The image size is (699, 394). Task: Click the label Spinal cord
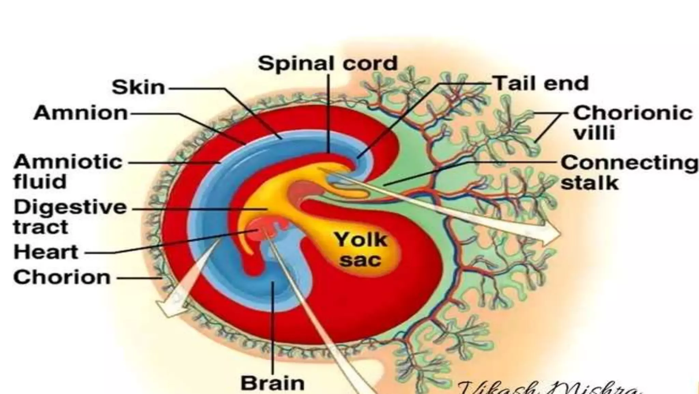click(328, 64)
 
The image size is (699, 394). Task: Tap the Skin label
click(139, 87)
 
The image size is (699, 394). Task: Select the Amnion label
click(81, 113)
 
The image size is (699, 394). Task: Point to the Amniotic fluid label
click(68, 172)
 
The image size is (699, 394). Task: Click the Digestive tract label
click(70, 217)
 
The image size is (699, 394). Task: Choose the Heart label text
click(46, 252)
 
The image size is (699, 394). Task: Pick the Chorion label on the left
click(62, 277)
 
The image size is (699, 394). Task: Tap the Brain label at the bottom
click(272, 383)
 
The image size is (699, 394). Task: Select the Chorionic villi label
click(632, 122)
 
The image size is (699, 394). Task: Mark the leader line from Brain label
click(273, 328)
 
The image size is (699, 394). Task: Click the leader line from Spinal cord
click(328, 113)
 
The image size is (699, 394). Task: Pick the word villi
click(594, 133)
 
